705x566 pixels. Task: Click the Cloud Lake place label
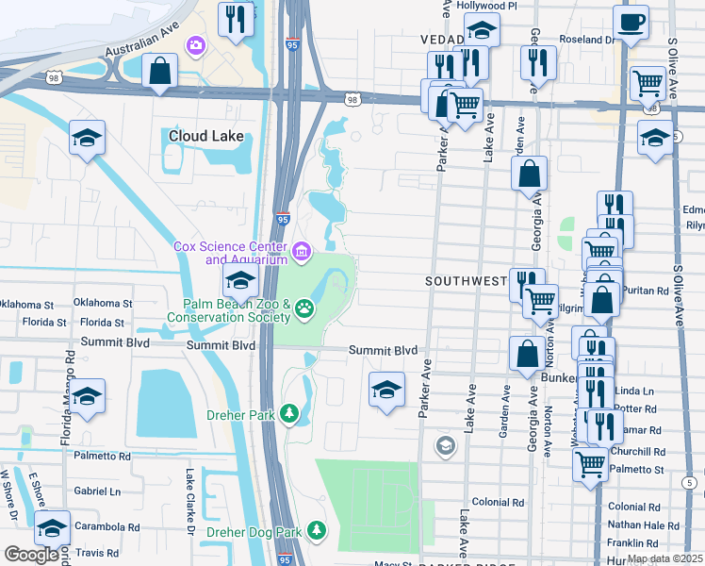pos(205,136)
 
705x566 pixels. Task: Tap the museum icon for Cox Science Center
pos(302,251)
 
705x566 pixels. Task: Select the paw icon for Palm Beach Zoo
pos(304,308)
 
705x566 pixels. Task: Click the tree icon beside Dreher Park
pos(290,413)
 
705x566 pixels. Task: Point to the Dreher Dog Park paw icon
pos(318,532)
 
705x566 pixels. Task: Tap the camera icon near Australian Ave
pos(196,44)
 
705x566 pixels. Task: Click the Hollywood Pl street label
pos(487,6)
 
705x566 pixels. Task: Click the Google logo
pos(31,555)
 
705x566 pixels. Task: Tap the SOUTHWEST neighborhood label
pos(466,281)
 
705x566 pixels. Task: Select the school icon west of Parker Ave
pos(386,389)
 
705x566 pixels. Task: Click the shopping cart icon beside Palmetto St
pos(590,462)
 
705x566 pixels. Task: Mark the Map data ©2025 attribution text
pos(664,558)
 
